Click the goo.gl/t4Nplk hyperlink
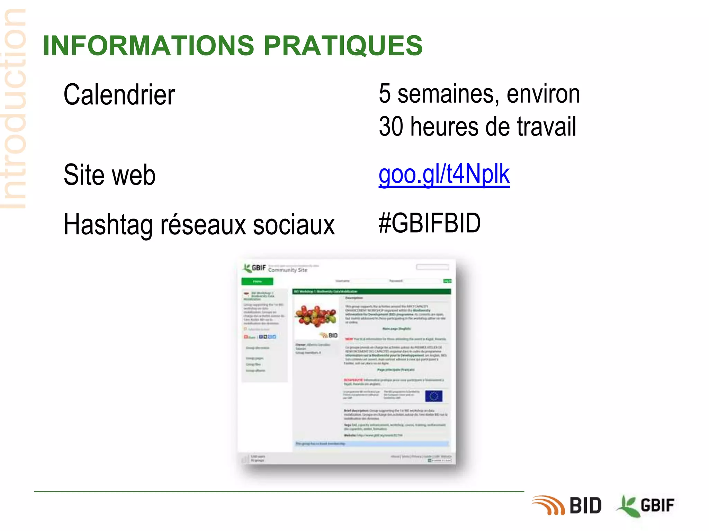[x=444, y=175]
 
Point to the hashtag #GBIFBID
[x=429, y=223]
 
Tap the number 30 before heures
[x=391, y=127]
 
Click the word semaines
[x=448, y=94]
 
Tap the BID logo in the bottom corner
[x=566, y=505]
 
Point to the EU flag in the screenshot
[x=433, y=396]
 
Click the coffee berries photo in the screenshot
[x=316, y=315]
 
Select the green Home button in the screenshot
[x=257, y=281]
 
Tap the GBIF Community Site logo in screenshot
[x=275, y=268]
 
